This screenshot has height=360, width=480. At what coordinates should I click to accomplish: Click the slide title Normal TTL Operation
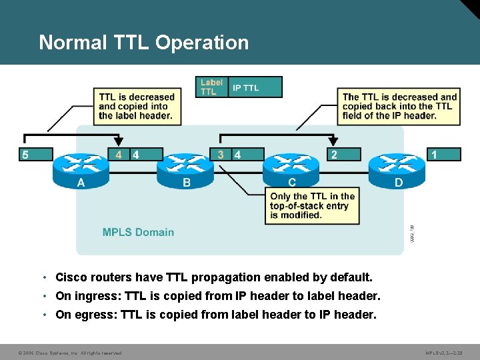tap(143, 43)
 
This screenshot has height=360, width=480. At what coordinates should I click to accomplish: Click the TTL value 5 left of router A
tap(25, 155)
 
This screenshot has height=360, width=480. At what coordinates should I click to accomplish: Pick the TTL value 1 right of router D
tap(435, 155)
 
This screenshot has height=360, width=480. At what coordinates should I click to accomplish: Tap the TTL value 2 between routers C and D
tap(334, 155)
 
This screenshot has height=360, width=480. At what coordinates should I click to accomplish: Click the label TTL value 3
tap(221, 155)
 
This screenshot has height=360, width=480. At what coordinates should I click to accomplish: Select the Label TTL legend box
tap(212, 87)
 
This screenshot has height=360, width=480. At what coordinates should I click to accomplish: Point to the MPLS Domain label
tap(138, 232)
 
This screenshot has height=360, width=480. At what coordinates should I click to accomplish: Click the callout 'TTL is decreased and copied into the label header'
tap(136, 106)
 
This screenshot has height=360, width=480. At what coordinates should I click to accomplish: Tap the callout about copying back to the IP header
tap(399, 106)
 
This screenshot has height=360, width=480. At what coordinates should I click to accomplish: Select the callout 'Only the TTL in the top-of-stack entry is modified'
tap(312, 206)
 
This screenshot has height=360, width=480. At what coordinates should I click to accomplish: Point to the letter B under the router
tap(187, 182)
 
